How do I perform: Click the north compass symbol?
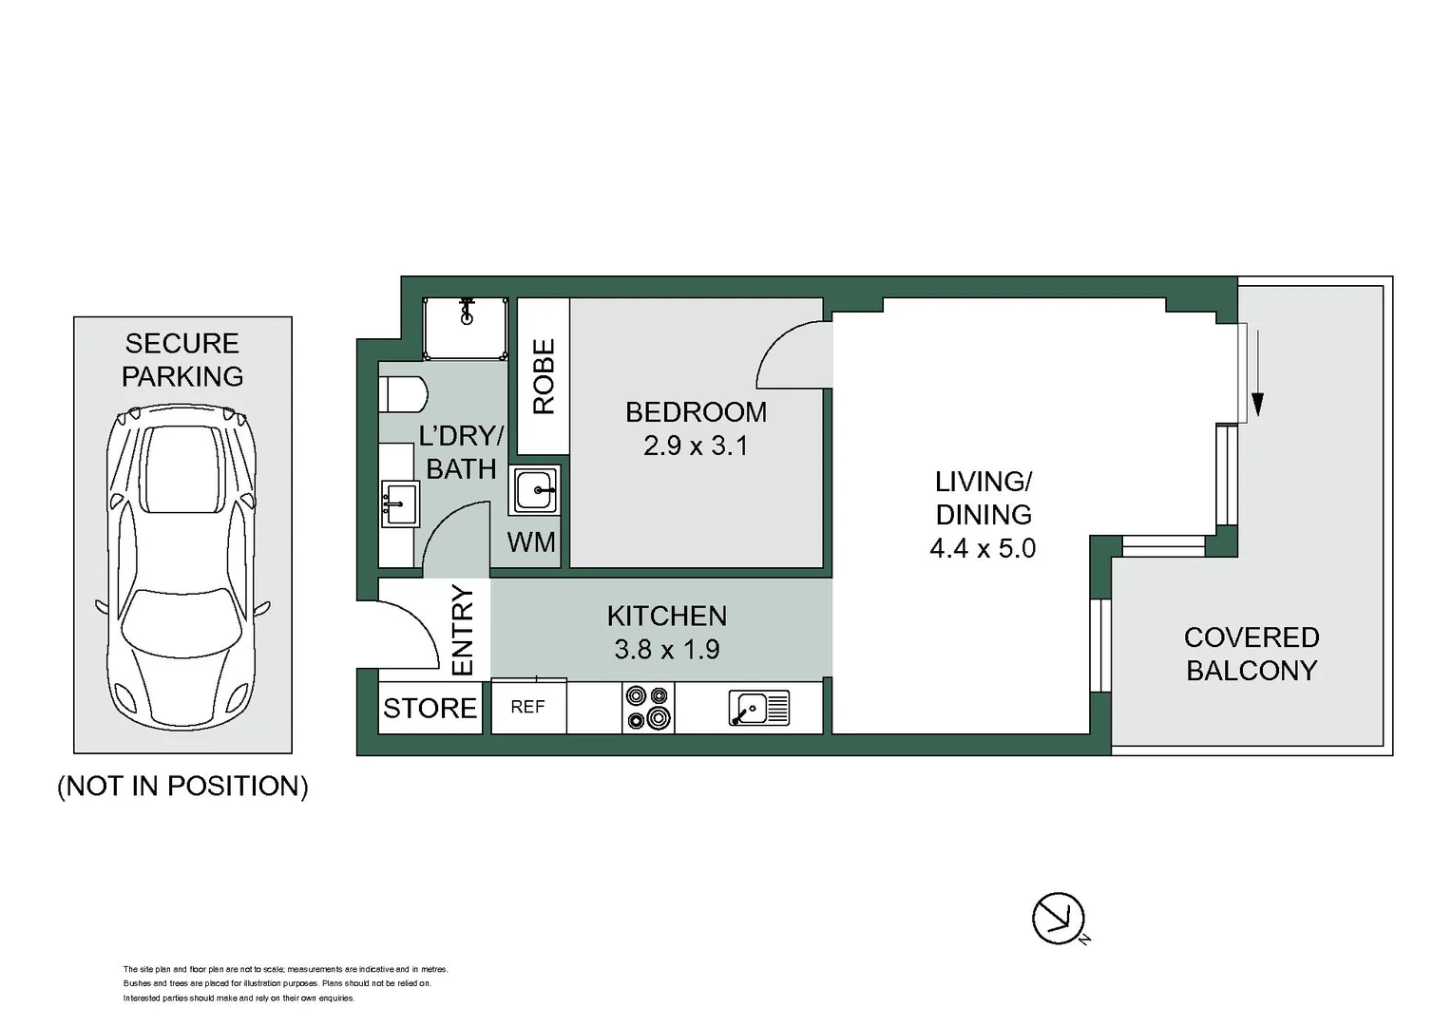click(x=1058, y=919)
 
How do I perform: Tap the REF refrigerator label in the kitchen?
click(x=527, y=707)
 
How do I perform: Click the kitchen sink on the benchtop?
click(x=759, y=707)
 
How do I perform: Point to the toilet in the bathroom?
click(x=403, y=394)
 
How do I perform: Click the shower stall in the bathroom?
click(x=465, y=329)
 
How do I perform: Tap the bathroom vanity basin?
click(x=400, y=503)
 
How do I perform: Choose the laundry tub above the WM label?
click(x=534, y=490)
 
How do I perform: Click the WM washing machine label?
click(x=531, y=542)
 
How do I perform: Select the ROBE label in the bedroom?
click(x=544, y=376)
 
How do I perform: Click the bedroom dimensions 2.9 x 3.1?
click(x=697, y=446)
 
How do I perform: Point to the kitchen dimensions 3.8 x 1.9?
click(x=667, y=650)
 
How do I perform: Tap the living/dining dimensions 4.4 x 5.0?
click(x=983, y=548)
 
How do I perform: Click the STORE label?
click(x=430, y=709)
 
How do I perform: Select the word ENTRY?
click(x=463, y=631)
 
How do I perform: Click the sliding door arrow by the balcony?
click(x=1258, y=372)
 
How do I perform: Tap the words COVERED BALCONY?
click(x=1251, y=654)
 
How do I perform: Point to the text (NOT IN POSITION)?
click(x=182, y=787)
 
